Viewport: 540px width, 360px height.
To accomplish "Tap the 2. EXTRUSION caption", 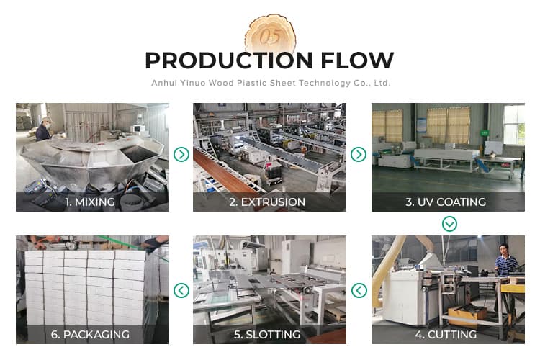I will pyautogui.click(x=267, y=202).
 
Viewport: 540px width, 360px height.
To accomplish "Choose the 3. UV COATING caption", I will pyautogui.click(x=446, y=202).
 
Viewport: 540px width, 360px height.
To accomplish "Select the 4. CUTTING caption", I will pyautogui.click(x=446, y=334).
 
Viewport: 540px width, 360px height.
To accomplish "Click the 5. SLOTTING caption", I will pyautogui.click(x=267, y=334).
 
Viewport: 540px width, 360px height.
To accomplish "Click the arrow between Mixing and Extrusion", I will pyautogui.click(x=181, y=154).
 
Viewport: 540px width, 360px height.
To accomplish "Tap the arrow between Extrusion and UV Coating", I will pyautogui.click(x=359, y=154).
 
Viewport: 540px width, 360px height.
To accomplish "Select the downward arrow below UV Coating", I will pyautogui.click(x=449, y=224).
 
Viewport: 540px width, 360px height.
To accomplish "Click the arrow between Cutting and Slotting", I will pyautogui.click(x=359, y=290).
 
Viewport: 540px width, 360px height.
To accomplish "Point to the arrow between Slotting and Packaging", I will pyautogui.click(x=181, y=290).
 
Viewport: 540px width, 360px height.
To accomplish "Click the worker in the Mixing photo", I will pyautogui.click(x=44, y=130).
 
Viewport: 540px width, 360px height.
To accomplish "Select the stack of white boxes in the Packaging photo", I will pyautogui.click(x=86, y=284).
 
